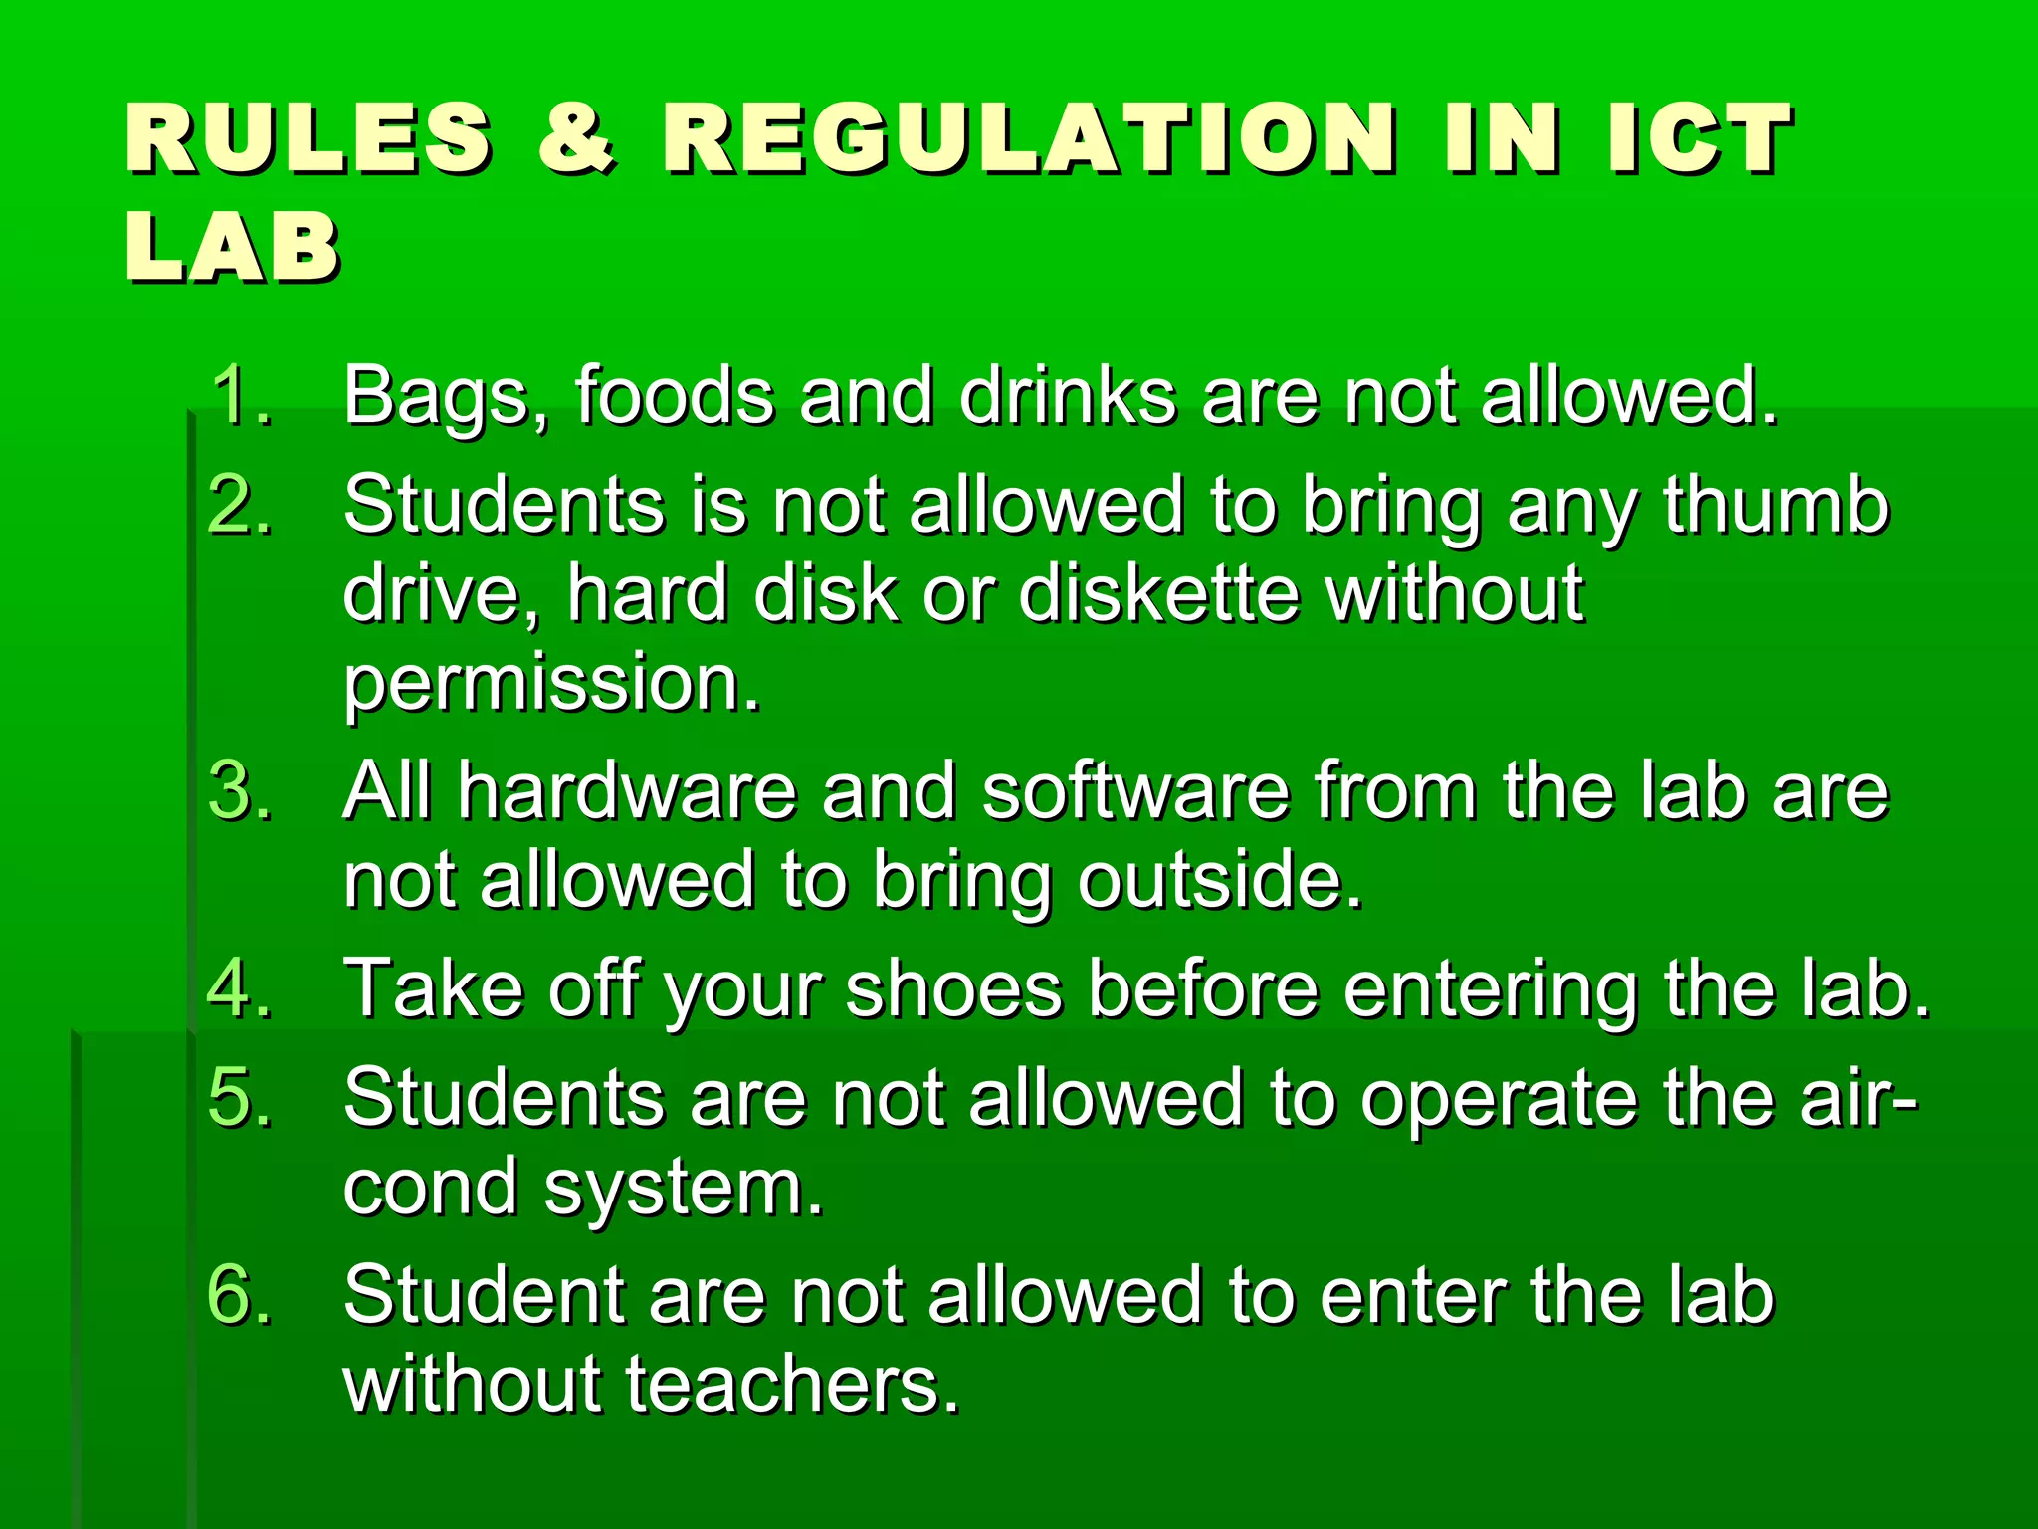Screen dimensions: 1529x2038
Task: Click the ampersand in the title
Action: (576, 138)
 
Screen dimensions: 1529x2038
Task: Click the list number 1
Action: (240, 396)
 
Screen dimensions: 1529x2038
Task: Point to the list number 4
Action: (240, 988)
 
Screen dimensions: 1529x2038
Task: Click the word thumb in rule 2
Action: (1775, 505)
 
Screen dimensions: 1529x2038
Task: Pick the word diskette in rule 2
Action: (1159, 594)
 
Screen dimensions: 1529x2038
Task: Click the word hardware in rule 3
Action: (628, 792)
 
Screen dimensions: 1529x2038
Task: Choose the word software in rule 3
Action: (1135, 792)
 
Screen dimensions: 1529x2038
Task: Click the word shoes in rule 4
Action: (953, 989)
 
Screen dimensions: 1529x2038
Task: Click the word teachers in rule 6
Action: (792, 1385)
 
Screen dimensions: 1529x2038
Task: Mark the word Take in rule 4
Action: (434, 988)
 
